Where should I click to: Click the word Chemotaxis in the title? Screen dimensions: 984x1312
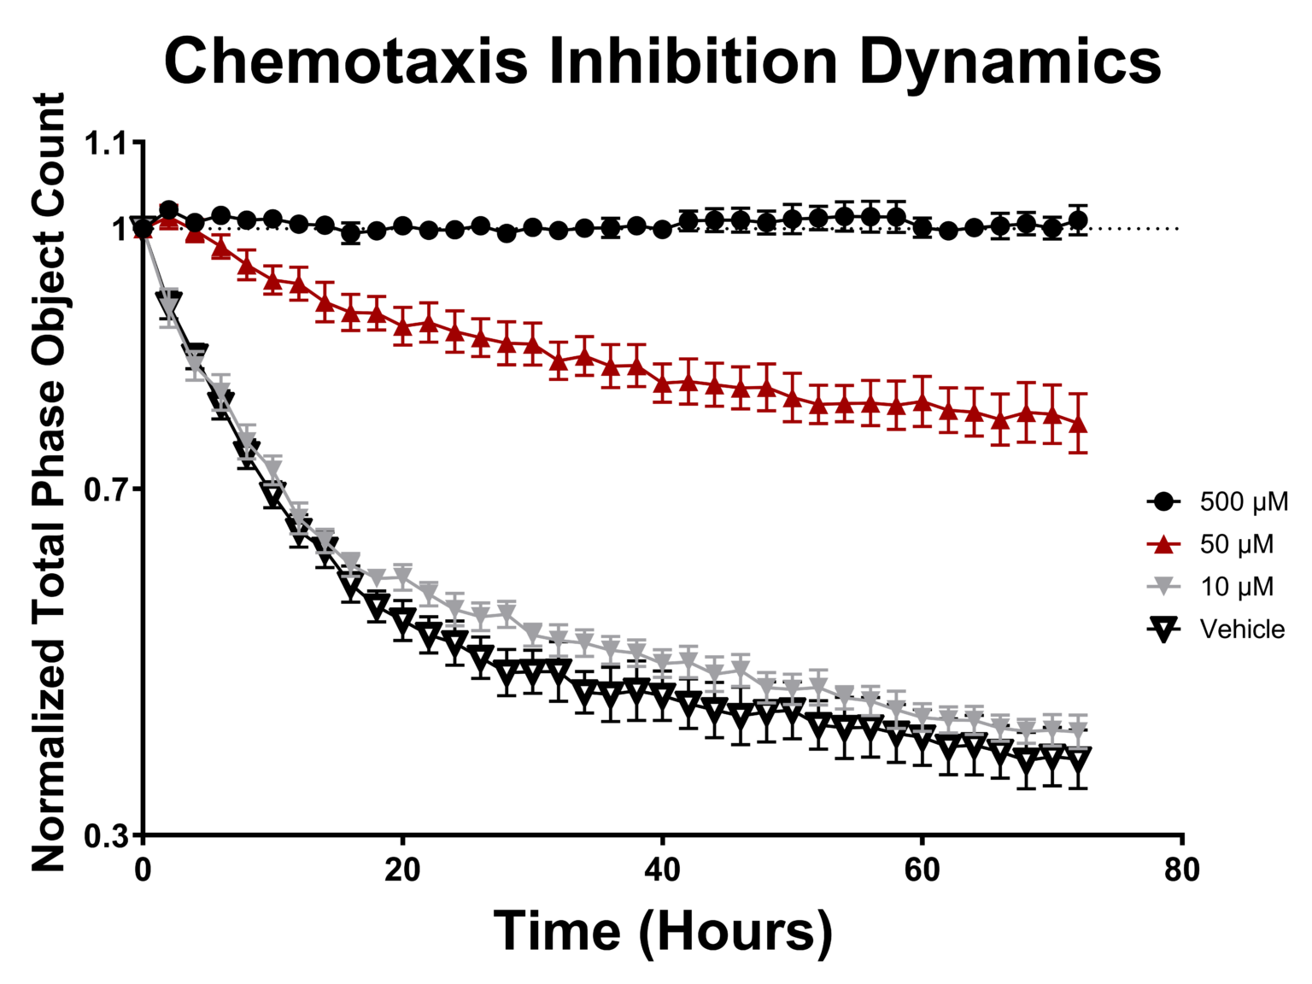click(346, 61)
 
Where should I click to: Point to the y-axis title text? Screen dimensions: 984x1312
click(49, 483)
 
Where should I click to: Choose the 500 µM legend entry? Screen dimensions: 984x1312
click(1244, 501)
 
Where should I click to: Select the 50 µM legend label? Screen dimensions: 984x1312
click(1236, 544)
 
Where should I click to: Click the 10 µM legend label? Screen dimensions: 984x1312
click(1236, 587)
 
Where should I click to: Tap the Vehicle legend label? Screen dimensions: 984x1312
click(1242, 630)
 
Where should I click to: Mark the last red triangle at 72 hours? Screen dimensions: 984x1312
click(1078, 424)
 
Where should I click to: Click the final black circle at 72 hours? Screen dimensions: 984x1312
click(1078, 220)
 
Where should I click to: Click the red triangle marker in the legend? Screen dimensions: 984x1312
click(1163, 544)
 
